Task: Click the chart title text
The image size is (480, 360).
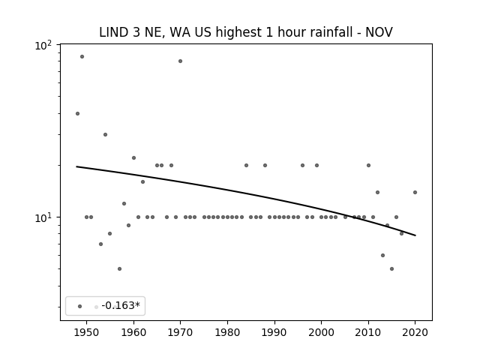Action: (246, 32)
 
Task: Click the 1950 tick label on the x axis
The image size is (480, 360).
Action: (87, 332)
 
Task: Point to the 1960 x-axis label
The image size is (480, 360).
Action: (133, 332)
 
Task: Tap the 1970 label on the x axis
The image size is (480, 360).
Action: (180, 332)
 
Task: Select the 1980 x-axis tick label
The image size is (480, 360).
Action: (227, 332)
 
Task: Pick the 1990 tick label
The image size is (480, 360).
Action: (274, 332)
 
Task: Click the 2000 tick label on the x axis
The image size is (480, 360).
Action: (322, 332)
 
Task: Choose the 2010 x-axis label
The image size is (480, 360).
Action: (368, 332)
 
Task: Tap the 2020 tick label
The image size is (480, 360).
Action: (415, 332)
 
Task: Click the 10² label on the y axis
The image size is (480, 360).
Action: (43, 46)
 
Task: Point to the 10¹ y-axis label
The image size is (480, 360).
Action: (43, 218)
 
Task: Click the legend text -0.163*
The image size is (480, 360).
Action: (121, 305)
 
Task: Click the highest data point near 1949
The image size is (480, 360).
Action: (82, 57)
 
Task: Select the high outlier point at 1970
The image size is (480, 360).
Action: (180, 61)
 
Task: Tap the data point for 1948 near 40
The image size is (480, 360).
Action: (77, 113)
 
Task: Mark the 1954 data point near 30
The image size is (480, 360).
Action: (105, 135)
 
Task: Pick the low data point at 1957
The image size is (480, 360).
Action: (119, 268)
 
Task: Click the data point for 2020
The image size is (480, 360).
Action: (415, 193)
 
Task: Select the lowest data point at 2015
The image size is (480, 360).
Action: (391, 268)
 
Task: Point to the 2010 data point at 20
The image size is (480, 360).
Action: (368, 165)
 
